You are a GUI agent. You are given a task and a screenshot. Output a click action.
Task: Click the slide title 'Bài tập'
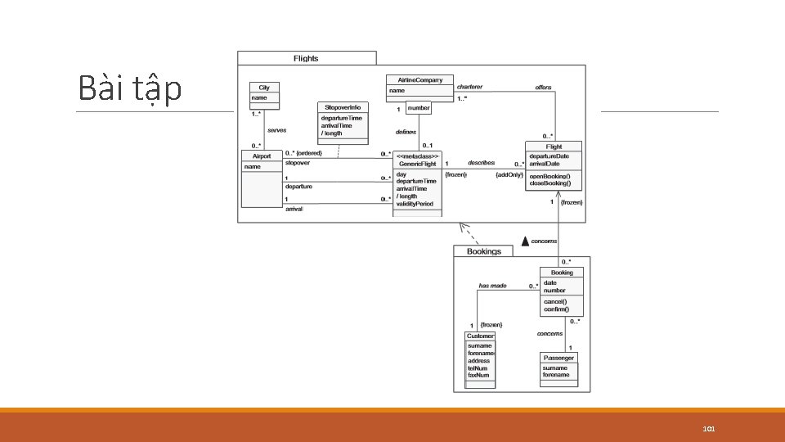click(130, 88)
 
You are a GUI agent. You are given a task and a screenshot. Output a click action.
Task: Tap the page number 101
click(709, 429)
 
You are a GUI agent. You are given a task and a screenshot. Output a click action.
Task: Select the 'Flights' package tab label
click(306, 58)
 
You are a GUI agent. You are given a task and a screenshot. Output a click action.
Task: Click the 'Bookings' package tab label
click(483, 251)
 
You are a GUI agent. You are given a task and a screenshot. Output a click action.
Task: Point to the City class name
click(264, 88)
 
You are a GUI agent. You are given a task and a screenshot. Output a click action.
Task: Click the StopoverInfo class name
click(343, 107)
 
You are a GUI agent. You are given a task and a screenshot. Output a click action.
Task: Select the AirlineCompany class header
click(419, 79)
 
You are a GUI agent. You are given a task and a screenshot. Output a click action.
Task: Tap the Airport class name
click(262, 156)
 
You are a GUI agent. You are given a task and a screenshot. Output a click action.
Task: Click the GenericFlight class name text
click(417, 164)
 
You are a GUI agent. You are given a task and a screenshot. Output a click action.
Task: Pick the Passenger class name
click(559, 358)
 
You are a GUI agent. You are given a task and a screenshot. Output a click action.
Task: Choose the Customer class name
click(480, 336)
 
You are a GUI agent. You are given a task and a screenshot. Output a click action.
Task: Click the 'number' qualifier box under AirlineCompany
click(418, 108)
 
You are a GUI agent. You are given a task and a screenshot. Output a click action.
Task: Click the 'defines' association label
click(406, 132)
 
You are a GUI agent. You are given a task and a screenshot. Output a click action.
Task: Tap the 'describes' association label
click(481, 163)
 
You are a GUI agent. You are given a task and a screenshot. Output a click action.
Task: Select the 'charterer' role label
click(469, 86)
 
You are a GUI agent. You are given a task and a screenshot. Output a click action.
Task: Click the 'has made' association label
click(492, 286)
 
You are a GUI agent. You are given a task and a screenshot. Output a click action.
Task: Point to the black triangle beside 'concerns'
click(526, 241)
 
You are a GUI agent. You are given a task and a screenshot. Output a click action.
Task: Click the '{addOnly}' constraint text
click(509, 175)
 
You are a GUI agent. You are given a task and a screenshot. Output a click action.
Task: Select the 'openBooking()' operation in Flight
click(549, 176)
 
